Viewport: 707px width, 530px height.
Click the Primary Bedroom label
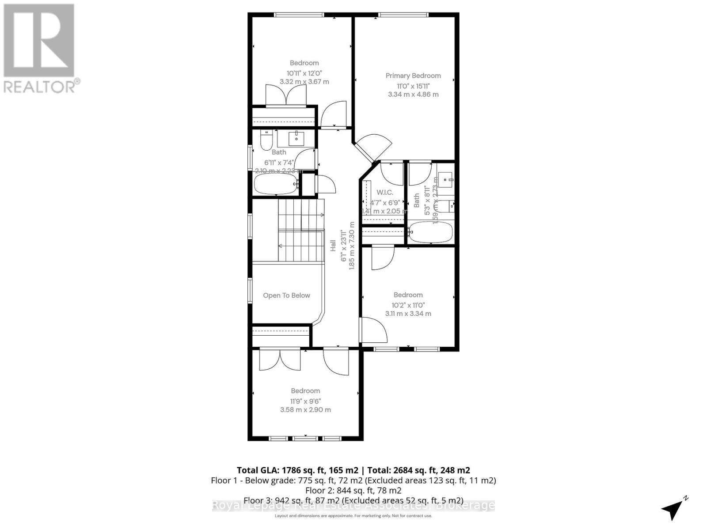pos(413,76)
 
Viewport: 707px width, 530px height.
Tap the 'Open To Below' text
pos(286,295)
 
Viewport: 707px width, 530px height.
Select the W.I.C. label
pos(384,193)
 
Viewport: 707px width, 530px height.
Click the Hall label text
pos(333,246)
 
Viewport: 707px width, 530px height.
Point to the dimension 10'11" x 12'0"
pos(304,73)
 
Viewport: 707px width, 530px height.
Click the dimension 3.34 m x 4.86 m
pos(413,94)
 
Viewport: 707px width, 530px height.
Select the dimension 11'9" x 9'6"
pos(305,401)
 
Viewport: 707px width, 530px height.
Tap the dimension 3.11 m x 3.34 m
pos(408,314)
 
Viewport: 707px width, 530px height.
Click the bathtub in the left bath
pos(276,184)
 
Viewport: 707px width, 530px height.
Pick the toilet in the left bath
pos(266,140)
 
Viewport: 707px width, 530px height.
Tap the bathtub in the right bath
pos(431,231)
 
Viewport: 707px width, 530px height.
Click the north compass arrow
pos(673,510)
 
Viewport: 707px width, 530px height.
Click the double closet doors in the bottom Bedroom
pos(280,360)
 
